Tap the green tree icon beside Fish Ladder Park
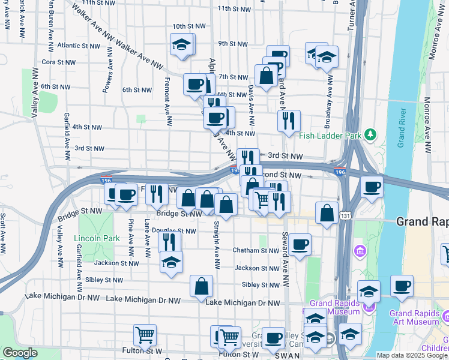point(372,134)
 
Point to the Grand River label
point(402,129)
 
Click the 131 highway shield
point(345,215)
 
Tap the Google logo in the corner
point(20,353)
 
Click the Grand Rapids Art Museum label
point(417,317)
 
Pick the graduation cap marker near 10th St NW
point(181,44)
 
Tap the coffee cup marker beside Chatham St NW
point(299,244)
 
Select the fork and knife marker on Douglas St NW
point(169,242)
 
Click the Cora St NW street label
point(59,62)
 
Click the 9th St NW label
point(233,44)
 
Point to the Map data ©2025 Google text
point(412,355)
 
